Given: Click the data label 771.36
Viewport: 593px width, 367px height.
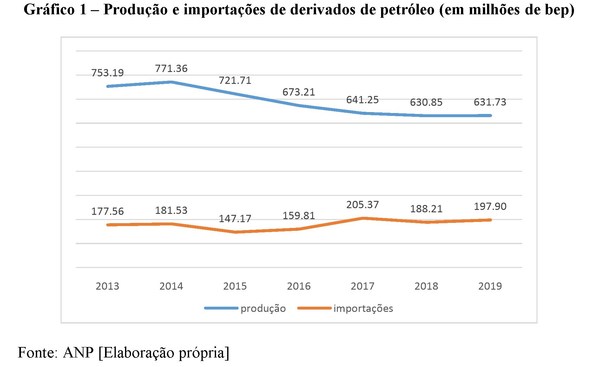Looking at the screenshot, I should click(x=171, y=69).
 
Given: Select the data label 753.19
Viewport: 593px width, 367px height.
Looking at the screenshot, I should click(x=108, y=73).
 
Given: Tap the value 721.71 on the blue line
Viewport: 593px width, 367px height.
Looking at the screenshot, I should click(x=235, y=81).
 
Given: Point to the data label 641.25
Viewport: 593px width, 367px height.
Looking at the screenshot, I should click(x=362, y=100).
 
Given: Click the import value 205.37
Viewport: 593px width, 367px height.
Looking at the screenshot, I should click(x=362, y=205).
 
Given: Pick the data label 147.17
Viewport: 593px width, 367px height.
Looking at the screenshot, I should click(x=235, y=219).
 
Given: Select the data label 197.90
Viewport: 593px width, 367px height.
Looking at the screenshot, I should click(x=490, y=207).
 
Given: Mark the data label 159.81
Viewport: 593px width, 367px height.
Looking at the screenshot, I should click(x=299, y=216).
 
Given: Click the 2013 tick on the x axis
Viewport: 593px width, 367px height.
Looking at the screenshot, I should click(x=108, y=286).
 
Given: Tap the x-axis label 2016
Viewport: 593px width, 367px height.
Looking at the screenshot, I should click(x=299, y=286).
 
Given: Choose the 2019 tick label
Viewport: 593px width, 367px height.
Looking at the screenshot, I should click(x=490, y=286).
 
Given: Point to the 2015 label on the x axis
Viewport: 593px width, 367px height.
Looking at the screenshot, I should click(x=235, y=286).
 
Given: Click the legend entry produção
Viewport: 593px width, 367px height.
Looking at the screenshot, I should click(x=263, y=309).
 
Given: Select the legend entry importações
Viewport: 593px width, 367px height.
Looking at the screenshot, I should click(x=363, y=309).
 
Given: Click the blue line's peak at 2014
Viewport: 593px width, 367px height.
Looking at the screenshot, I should click(x=171, y=82).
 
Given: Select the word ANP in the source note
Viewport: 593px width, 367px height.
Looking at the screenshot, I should click(x=78, y=353).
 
